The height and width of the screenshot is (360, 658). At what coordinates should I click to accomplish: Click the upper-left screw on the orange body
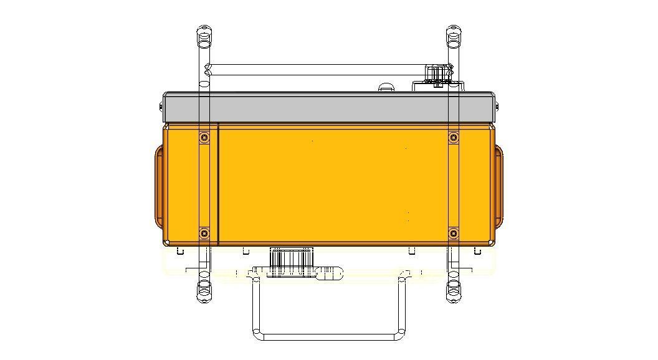tap(204, 137)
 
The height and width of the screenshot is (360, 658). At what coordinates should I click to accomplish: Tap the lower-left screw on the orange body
tap(204, 234)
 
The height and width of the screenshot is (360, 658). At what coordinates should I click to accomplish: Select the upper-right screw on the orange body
tap(453, 137)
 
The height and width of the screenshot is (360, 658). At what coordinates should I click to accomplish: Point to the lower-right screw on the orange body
tap(453, 234)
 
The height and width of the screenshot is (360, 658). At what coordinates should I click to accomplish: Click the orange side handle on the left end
tap(159, 186)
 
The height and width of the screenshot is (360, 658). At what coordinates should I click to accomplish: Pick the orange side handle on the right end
tap(498, 186)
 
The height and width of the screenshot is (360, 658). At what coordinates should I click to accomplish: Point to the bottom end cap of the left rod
tap(204, 291)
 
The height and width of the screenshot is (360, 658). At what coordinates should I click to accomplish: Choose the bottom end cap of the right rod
tap(454, 291)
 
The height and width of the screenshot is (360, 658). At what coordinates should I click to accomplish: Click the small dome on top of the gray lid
tap(386, 87)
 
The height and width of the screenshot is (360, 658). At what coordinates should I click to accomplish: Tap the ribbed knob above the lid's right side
tap(438, 73)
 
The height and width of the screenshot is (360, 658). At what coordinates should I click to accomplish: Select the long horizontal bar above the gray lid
tap(318, 69)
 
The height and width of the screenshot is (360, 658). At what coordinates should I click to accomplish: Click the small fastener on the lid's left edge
tap(163, 107)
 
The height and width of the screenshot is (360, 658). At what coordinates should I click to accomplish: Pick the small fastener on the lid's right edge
tap(497, 107)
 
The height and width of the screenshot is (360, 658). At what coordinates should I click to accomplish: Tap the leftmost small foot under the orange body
tap(179, 250)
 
